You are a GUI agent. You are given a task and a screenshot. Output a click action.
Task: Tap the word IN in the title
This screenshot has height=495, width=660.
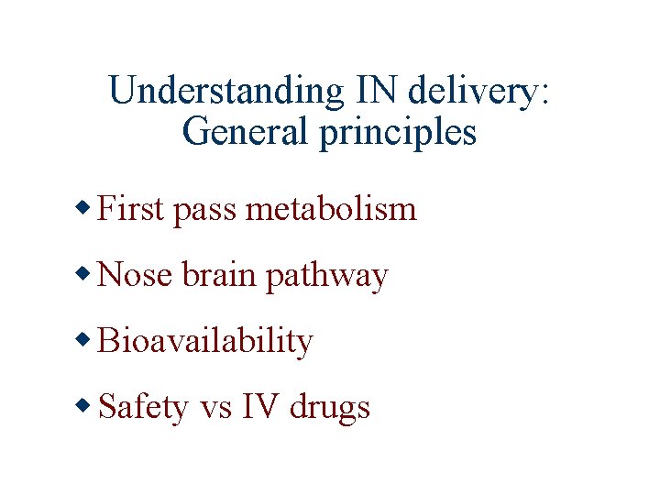coord(370,91)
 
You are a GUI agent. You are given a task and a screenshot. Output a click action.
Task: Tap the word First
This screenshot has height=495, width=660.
coord(130,209)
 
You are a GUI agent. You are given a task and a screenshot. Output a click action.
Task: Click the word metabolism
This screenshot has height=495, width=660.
coord(332,209)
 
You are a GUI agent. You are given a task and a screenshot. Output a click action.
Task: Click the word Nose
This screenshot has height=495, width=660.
coord(134,275)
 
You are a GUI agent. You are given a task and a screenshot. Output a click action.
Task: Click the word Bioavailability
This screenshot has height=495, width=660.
coord(204,342)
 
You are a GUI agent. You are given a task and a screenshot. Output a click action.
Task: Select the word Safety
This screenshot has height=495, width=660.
coord(142,408)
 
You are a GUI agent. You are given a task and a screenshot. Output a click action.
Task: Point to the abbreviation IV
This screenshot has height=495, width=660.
coord(260,406)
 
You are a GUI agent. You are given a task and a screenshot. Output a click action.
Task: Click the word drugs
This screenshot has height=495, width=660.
coord(330,408)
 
